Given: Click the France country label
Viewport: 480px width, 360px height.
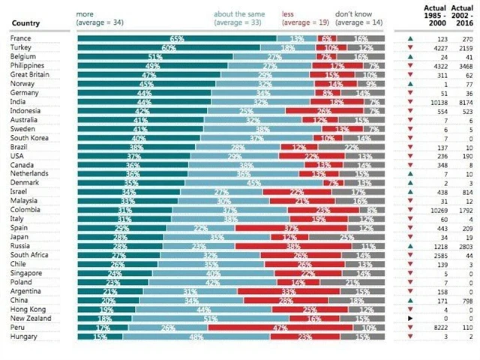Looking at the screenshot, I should (20, 37).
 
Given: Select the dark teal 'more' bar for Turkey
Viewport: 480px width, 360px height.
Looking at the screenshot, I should (169, 47).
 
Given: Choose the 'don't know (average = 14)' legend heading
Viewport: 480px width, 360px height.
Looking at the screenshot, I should (360, 18).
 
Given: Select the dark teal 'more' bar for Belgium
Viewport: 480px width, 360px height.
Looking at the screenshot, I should (154, 56).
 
